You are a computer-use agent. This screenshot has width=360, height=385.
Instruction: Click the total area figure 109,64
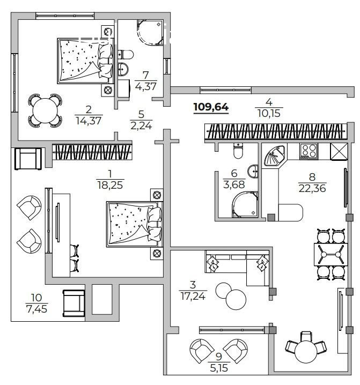[x=211, y=107]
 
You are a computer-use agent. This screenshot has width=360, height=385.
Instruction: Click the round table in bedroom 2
[x=44, y=110]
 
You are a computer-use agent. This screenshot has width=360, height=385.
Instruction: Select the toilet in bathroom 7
[x=125, y=54]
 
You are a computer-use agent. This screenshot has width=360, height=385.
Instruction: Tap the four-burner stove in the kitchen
[x=308, y=151]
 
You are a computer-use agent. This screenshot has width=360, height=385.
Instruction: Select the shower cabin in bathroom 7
[x=150, y=32]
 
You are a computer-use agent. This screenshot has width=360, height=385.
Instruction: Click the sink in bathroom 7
[x=123, y=68]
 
